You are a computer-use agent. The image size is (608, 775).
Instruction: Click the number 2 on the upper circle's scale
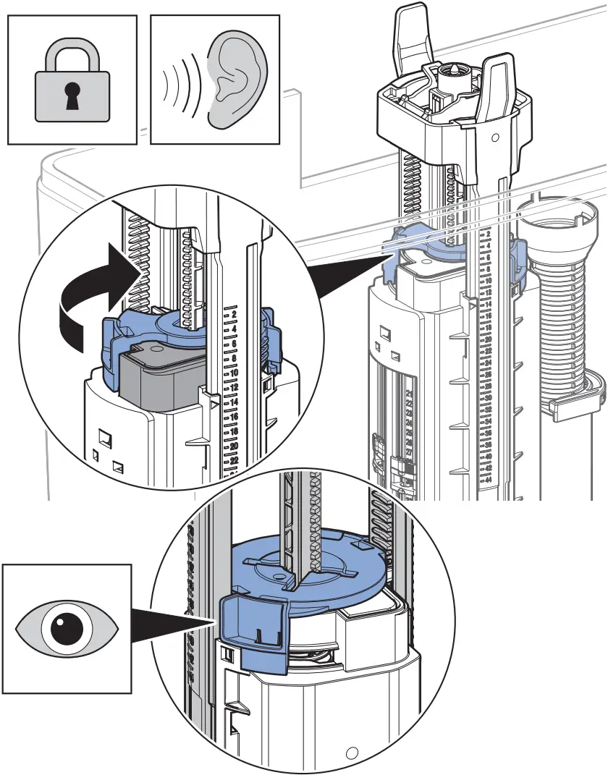click(235, 316)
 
